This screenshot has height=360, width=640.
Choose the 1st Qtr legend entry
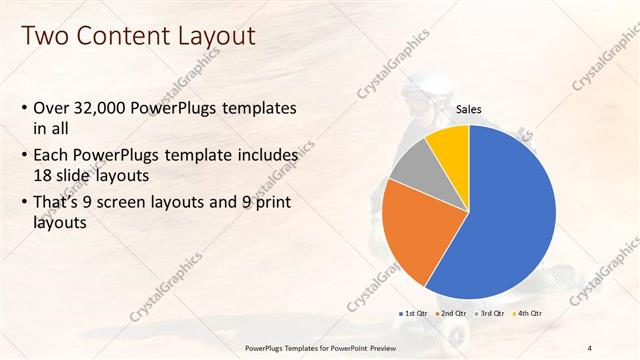(414, 314)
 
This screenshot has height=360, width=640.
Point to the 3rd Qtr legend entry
(487, 314)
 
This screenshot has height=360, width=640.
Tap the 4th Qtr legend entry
(527, 314)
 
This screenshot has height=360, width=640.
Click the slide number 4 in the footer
(590, 347)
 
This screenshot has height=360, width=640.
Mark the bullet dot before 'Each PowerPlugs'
(24, 156)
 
